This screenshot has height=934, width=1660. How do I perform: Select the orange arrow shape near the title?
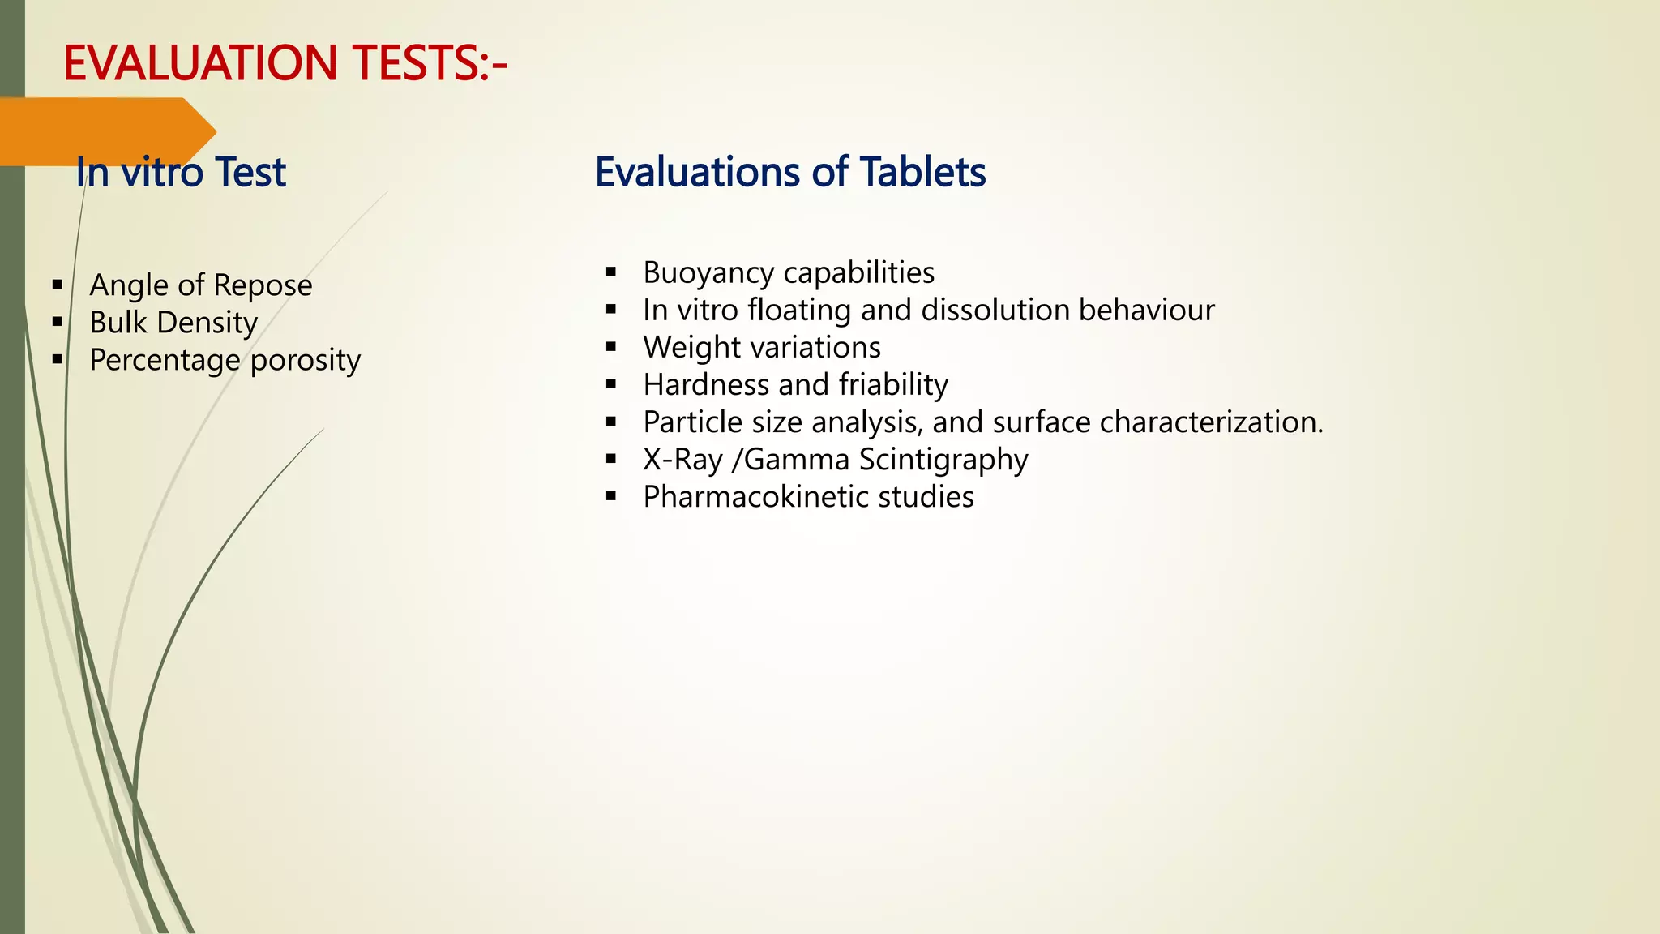point(105,130)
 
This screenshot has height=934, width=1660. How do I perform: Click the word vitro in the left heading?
point(162,172)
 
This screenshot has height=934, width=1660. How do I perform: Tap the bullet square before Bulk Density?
point(57,322)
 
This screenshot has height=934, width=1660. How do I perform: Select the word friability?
point(893,384)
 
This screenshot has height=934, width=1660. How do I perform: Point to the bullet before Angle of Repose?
point(57,285)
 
